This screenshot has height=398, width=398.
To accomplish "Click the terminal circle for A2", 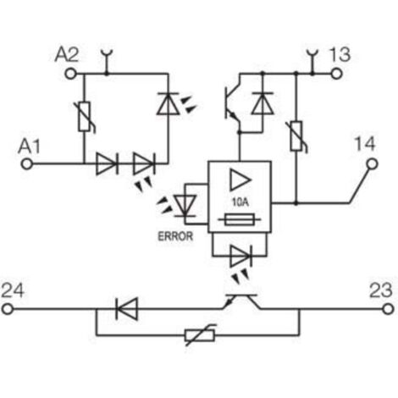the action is pyautogui.click(x=70, y=74).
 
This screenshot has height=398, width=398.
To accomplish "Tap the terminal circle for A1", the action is pyautogui.click(x=27, y=163).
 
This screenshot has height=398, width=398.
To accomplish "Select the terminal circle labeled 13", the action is pyautogui.click(x=336, y=74).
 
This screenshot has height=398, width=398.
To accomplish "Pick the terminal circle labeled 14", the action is pyautogui.click(x=372, y=164).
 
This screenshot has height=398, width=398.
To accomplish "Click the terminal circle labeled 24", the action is pyautogui.click(x=8, y=309).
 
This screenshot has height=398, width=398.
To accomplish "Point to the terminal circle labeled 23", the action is pyautogui.click(x=389, y=309).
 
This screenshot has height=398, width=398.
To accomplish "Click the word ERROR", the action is pyautogui.click(x=175, y=236).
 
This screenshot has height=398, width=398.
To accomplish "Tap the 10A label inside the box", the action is pyautogui.click(x=240, y=202).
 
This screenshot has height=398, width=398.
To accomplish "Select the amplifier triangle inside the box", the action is pyautogui.click(x=240, y=180).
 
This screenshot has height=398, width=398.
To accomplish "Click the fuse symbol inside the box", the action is pyautogui.click(x=240, y=219).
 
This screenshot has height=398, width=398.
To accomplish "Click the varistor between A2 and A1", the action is pyautogui.click(x=85, y=117).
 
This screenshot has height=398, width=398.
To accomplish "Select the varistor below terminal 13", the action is pyautogui.click(x=296, y=136).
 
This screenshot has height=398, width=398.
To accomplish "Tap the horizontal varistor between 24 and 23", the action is pyautogui.click(x=200, y=335).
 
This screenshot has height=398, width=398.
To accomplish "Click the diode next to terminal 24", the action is pyautogui.click(x=127, y=309).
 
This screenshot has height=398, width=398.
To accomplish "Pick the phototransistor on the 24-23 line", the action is pyautogui.click(x=241, y=301).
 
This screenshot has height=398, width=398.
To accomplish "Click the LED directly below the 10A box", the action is pyautogui.click(x=241, y=257).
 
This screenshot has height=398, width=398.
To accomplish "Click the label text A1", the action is pyautogui.click(x=29, y=146).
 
